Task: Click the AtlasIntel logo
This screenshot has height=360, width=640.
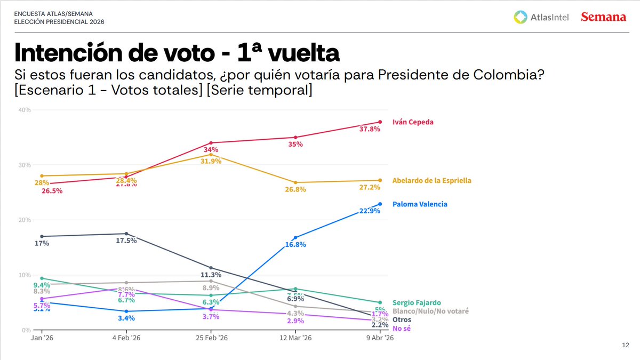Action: pyautogui.click(x=541, y=17)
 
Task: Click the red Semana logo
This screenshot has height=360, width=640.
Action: pyautogui.click(x=603, y=17)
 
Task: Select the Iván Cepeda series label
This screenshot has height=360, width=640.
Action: pyautogui.click(x=413, y=122)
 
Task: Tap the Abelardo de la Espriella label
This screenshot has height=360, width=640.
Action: pyautogui.click(x=431, y=180)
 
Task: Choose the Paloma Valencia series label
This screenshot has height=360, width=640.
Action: pyautogui.click(x=420, y=204)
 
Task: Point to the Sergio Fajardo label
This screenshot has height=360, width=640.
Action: pyautogui.click(x=417, y=302)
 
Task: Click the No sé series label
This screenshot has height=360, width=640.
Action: pyautogui.click(x=401, y=328)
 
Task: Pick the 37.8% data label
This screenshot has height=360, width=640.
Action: pyautogui.click(x=370, y=130)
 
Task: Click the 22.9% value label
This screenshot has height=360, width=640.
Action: pyautogui.click(x=370, y=212)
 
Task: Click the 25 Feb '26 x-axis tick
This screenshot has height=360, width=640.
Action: pyautogui.click(x=212, y=338)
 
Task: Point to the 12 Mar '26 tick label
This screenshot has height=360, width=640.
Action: pyautogui.click(x=295, y=338)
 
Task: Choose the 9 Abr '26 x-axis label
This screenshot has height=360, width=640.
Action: pyautogui.click(x=379, y=338)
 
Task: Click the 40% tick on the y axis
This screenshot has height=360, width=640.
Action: pyautogui.click(x=25, y=110)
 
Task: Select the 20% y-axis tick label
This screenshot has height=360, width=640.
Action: pyautogui.click(x=25, y=220)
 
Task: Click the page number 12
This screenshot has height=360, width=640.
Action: pyautogui.click(x=626, y=345)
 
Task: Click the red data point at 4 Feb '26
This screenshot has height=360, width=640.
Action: pyautogui.click(x=126, y=177)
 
